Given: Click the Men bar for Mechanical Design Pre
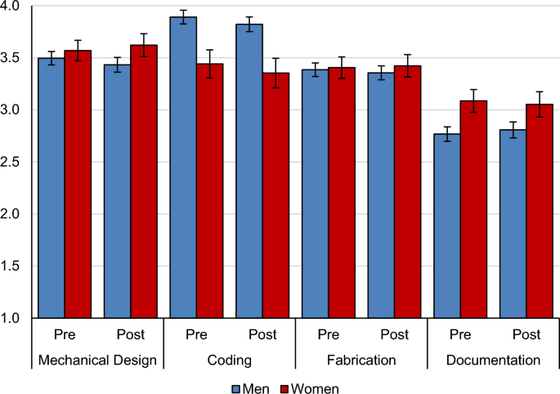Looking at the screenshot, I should [52, 187].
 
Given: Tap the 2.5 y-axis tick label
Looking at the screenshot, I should [16, 162].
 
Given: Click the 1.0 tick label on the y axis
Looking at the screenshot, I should [16, 317].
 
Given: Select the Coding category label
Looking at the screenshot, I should [229, 359].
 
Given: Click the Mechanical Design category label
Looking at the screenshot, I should [97, 359].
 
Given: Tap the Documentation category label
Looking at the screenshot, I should [492, 359].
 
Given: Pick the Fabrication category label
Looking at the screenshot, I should [361, 359].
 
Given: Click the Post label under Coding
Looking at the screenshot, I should [262, 335].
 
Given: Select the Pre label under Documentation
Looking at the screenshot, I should [459, 335].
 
